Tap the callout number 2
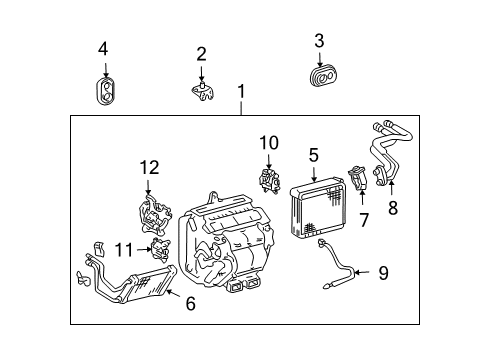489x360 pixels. pyautogui.click(x=201, y=54)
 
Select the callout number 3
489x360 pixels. pyautogui.click(x=319, y=41)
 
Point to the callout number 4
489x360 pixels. pyautogui.click(x=104, y=49)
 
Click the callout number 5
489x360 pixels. pyautogui.click(x=313, y=155)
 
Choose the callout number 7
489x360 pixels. pyautogui.click(x=363, y=218)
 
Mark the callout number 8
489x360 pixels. pyautogui.click(x=392, y=208)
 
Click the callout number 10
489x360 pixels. pyautogui.click(x=268, y=143)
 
